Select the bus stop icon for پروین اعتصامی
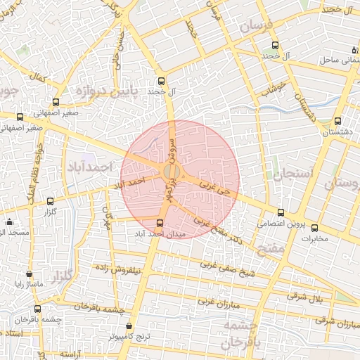click(281, 212)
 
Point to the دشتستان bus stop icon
click(338, 121)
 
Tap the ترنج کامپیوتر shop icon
click(129, 326)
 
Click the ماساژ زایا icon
click(29, 274)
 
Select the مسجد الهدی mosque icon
click(9, 222)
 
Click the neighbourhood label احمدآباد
click(90, 167)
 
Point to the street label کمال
click(39, 78)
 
